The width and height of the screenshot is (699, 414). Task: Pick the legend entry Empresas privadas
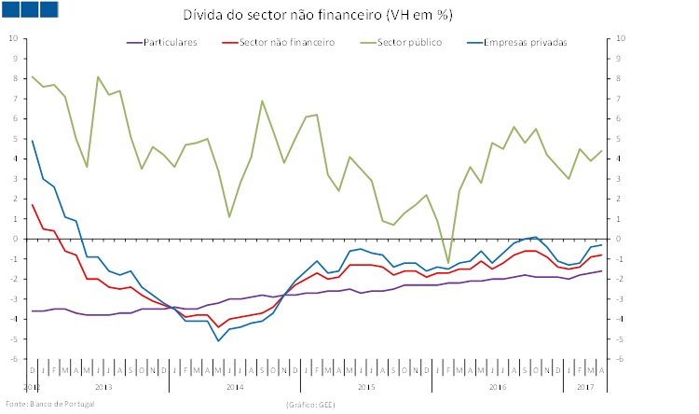pos(528,42)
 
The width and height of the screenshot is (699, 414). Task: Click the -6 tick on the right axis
pos(621,359)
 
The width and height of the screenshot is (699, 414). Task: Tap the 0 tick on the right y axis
pos(619,239)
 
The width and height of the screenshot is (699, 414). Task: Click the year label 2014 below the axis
pos(235,385)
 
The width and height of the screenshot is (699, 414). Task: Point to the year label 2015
pos(366,385)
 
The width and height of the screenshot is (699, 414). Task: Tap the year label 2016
pos(499,385)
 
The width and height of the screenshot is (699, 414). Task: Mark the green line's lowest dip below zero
pos(448,263)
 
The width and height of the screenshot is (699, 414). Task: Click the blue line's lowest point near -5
pos(218,340)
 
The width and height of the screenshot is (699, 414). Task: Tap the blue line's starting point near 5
pos(33,141)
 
